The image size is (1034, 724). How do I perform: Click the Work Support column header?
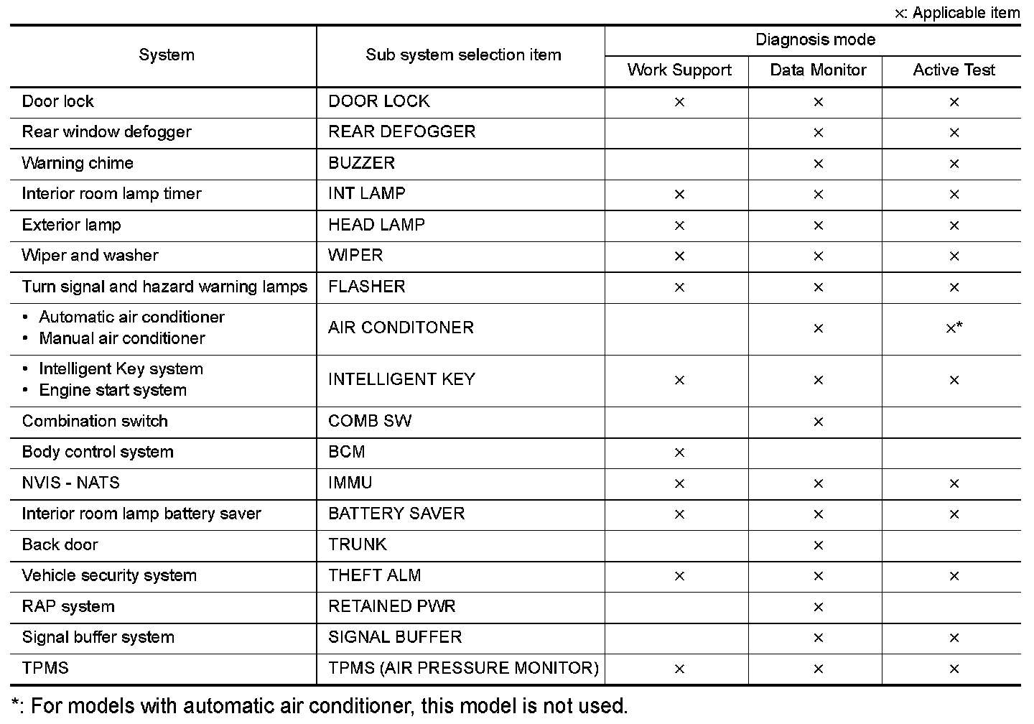click(679, 70)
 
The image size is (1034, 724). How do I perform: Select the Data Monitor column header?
click(818, 70)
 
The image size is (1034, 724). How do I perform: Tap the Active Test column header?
click(954, 70)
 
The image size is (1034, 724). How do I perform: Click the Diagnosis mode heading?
click(815, 40)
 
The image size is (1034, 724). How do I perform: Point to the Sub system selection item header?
click(463, 55)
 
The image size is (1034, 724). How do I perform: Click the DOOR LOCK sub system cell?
click(379, 101)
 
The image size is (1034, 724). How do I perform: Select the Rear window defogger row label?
click(106, 132)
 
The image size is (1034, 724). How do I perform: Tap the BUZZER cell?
click(361, 163)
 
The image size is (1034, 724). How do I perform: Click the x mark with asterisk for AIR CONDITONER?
click(954, 328)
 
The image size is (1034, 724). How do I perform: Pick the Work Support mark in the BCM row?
click(679, 452)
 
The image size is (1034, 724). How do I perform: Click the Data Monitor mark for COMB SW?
click(818, 422)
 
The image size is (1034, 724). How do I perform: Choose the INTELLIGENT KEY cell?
click(401, 379)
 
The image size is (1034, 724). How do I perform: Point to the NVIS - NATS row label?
click(70, 483)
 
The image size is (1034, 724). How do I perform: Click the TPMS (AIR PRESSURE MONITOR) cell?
click(463, 668)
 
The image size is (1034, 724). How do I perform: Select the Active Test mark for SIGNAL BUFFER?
click(954, 638)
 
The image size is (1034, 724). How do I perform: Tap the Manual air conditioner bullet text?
click(122, 338)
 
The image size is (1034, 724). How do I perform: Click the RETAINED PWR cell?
click(391, 606)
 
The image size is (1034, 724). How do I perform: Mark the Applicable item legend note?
click(957, 13)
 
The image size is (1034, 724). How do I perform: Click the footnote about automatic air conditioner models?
click(320, 706)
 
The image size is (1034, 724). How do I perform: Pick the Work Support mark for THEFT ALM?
click(679, 576)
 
